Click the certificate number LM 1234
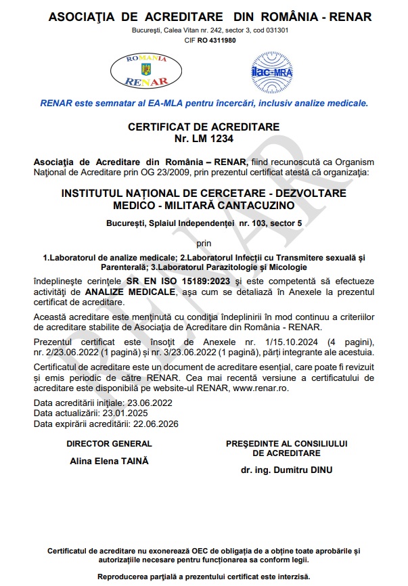(203, 139)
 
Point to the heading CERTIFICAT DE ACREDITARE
(203, 127)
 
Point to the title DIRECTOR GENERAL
(109, 444)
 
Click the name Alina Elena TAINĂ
(109, 461)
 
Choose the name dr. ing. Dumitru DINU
(287, 470)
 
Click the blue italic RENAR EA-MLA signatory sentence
(204, 104)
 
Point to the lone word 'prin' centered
(203, 242)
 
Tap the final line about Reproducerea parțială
(204, 577)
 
